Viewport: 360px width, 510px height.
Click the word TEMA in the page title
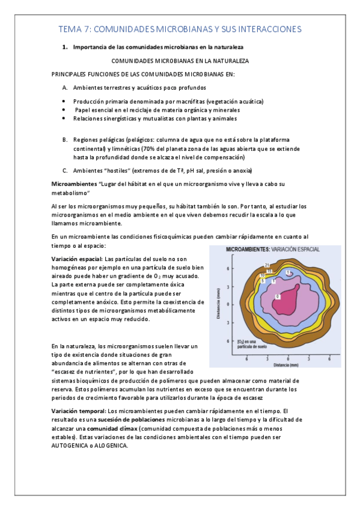tap(70, 29)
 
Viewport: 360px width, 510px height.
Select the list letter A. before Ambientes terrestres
tap(65, 87)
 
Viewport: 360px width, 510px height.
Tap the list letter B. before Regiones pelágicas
tap(65, 140)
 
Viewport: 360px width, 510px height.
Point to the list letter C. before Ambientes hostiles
tap(65, 170)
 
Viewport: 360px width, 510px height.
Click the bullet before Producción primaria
tap(64, 102)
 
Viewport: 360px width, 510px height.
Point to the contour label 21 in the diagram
tap(266, 265)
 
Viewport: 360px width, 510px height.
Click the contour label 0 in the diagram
tap(277, 297)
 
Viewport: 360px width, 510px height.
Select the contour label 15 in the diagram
tap(269, 271)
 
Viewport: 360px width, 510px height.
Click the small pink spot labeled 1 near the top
tap(289, 273)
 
